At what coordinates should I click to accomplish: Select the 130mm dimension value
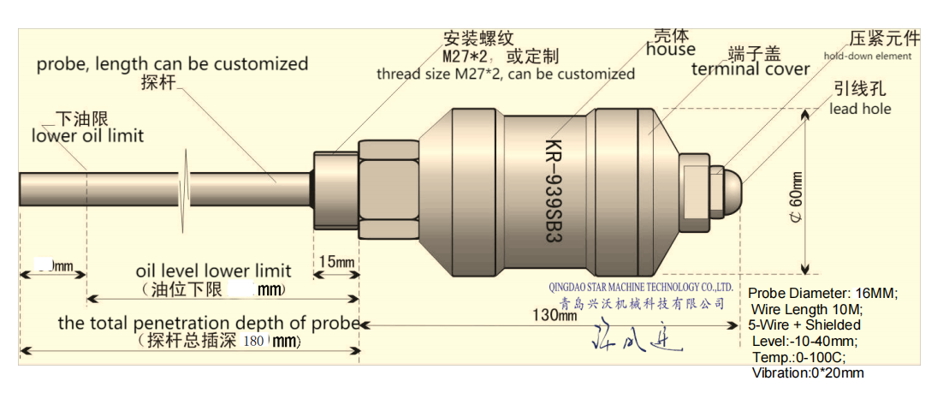pyautogui.click(x=555, y=315)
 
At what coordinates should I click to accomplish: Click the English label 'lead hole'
pyautogui.click(x=860, y=109)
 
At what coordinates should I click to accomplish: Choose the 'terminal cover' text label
pyautogui.click(x=750, y=68)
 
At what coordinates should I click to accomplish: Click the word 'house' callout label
pyautogui.click(x=671, y=50)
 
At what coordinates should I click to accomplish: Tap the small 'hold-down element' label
pyautogui.click(x=868, y=57)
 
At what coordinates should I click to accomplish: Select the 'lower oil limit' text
pyautogui.click(x=87, y=135)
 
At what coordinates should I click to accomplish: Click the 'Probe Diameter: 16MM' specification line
pyautogui.click(x=822, y=293)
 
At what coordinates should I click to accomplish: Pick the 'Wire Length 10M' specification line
pyautogui.click(x=806, y=309)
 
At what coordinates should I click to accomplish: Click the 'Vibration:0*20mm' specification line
pyautogui.click(x=808, y=373)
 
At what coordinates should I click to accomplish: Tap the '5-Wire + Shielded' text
pyautogui.click(x=804, y=325)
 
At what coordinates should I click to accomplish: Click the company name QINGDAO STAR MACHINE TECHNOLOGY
pyautogui.click(x=641, y=288)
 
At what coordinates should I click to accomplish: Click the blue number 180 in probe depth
pyautogui.click(x=255, y=341)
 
